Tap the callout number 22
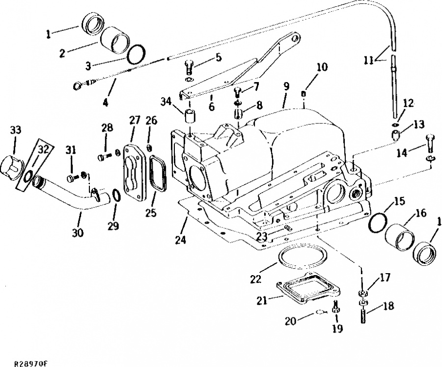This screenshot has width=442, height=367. coord(256,279)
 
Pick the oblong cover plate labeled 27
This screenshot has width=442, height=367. coord(133,172)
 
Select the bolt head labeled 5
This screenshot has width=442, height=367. coord(189,67)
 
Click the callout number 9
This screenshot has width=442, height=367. coord(287,86)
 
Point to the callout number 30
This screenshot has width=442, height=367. coord(78,233)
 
